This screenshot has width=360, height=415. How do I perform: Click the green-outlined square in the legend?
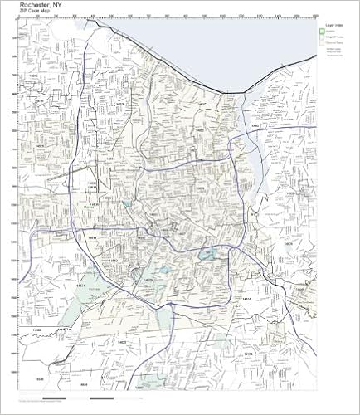point(322,34)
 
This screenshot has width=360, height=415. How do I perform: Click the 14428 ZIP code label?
point(35,330)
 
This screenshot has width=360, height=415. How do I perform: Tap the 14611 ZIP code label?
point(93,237)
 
